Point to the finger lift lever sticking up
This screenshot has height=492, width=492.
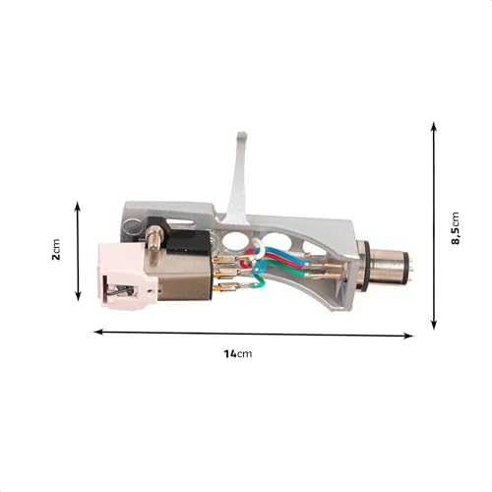(237, 177)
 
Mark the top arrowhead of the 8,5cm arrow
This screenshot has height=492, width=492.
(434, 125)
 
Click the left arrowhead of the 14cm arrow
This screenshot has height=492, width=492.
(97, 332)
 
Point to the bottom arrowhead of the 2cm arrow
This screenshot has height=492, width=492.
(78, 298)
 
